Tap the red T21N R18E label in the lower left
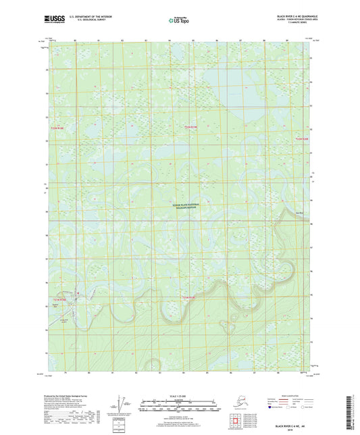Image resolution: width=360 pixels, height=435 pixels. click(61, 299)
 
